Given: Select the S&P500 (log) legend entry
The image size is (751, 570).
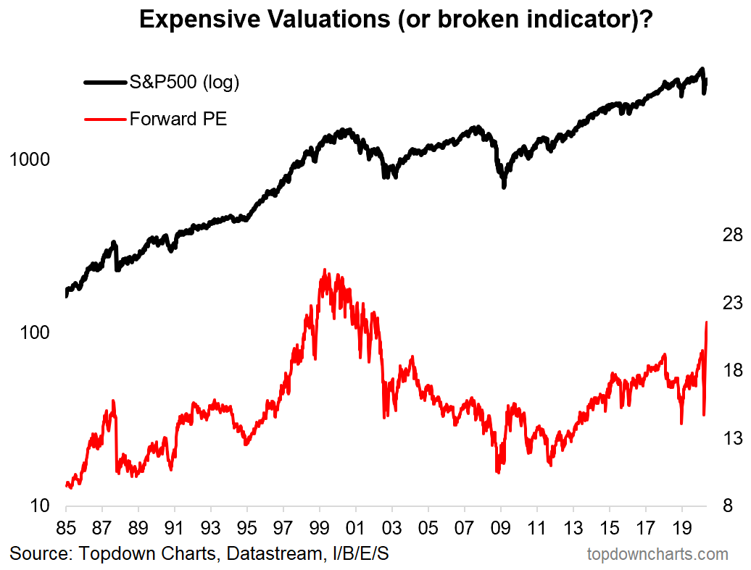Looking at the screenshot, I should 184,83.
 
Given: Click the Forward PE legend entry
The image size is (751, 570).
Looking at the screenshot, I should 178,118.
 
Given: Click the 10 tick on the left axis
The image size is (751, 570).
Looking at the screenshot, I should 39,506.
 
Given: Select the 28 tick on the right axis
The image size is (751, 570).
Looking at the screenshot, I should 727,235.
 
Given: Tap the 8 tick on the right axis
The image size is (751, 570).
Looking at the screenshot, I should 732,506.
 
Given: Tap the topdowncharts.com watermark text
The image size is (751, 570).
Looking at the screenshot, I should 657,555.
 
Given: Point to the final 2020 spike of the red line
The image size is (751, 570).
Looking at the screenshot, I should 707,323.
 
